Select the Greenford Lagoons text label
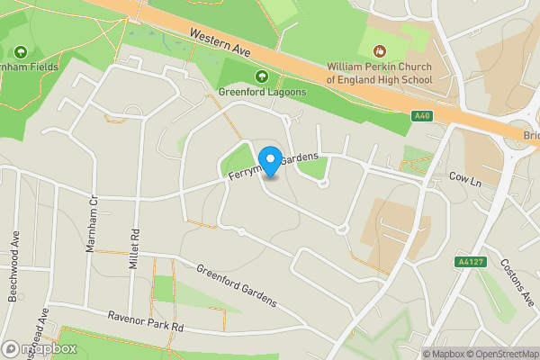262,92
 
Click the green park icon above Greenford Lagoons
262,76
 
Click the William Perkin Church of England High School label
379,73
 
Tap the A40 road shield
423,116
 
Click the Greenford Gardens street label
237,286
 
